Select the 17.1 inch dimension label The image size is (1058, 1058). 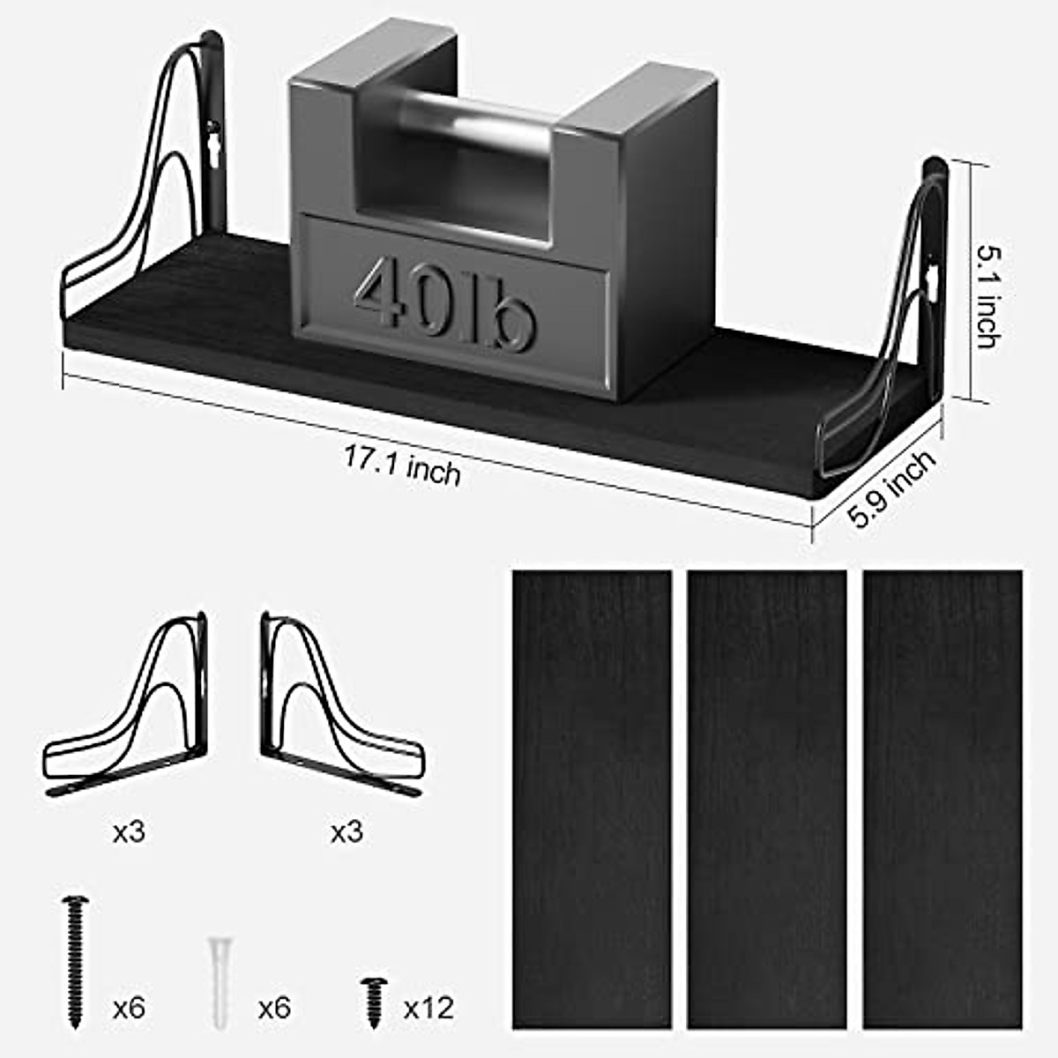[x=402, y=465]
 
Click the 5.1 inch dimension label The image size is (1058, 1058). [x=987, y=295]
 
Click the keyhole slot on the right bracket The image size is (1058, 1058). [x=933, y=280]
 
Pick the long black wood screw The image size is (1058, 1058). [x=74, y=961]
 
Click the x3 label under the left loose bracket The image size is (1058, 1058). [x=129, y=831]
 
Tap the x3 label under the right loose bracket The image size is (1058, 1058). [x=346, y=831]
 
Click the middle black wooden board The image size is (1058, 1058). [x=767, y=798]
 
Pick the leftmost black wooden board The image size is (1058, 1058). [x=592, y=798]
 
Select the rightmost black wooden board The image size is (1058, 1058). [x=943, y=798]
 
